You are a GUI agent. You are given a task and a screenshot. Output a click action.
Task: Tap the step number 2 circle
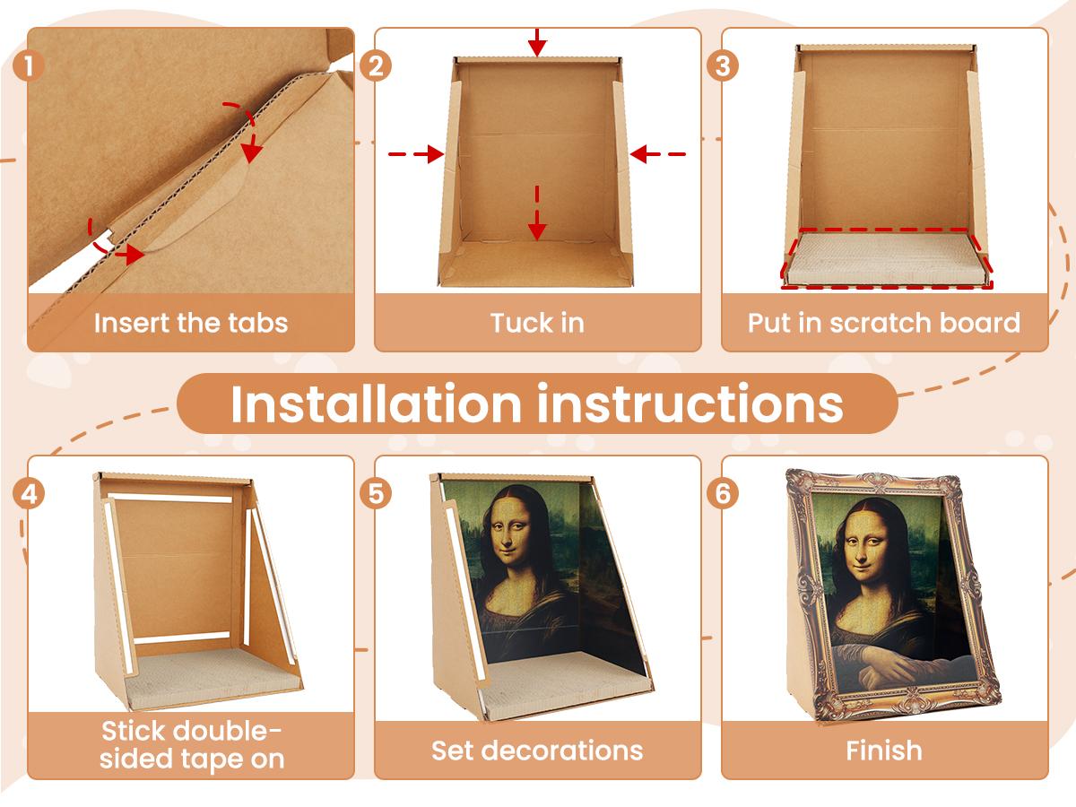coord(377,66)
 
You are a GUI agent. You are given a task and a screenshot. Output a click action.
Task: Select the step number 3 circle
coord(723,66)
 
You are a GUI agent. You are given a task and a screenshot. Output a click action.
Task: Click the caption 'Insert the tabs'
coord(191,323)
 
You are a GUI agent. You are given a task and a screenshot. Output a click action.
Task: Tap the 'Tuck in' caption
coord(537,323)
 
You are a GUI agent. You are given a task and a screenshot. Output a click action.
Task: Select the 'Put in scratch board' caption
coord(884,323)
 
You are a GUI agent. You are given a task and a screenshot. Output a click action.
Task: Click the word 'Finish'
coord(884,750)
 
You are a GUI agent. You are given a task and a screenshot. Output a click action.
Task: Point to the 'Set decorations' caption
coord(537,750)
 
